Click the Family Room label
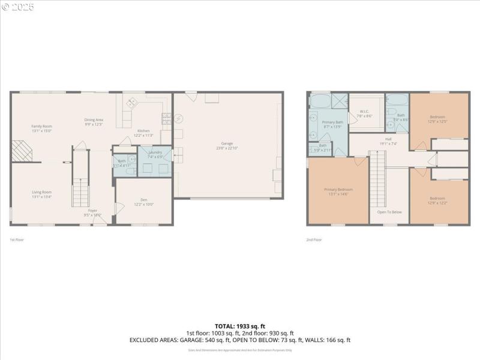pos(42,126)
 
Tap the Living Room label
pos(42,192)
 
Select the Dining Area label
pos(94,120)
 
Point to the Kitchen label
pos(143,131)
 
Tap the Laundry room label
pos(155,152)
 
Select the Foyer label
pos(93,211)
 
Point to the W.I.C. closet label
pos(366,111)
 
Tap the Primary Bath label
pos(332,122)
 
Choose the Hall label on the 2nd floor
pos(389,139)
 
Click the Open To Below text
pos(389,212)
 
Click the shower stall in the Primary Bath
pos(340,100)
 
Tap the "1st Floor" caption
pos(16,239)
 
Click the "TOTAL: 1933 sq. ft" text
pos(239,326)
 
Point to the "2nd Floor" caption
pos(314,239)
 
